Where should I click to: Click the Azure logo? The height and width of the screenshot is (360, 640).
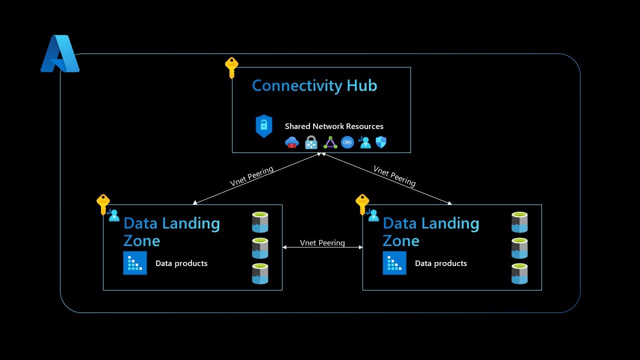(59, 54)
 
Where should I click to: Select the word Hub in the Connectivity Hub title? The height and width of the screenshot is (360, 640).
(361, 85)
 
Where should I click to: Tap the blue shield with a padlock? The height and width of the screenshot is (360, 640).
(263, 126)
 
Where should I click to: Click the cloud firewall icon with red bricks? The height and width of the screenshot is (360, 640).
(292, 142)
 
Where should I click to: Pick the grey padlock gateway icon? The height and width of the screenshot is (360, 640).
(311, 142)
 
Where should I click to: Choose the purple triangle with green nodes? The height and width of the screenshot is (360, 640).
(330, 142)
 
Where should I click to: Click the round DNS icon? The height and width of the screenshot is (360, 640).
(347, 142)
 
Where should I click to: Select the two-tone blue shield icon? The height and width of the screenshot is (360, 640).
(381, 142)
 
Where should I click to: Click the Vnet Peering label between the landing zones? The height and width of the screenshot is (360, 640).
(322, 242)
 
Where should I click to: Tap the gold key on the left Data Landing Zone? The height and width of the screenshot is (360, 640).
(103, 204)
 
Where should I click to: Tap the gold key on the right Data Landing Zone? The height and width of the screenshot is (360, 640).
(362, 204)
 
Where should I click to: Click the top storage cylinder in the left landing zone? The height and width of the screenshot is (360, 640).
(260, 222)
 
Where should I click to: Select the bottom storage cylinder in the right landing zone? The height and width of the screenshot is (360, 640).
(519, 273)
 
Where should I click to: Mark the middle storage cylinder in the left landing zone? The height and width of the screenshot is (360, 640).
(260, 248)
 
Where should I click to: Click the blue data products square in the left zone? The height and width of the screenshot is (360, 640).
(135, 263)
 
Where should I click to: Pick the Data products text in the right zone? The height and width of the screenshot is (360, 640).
(441, 263)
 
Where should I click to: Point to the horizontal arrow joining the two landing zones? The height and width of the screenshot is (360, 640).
(322, 247)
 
